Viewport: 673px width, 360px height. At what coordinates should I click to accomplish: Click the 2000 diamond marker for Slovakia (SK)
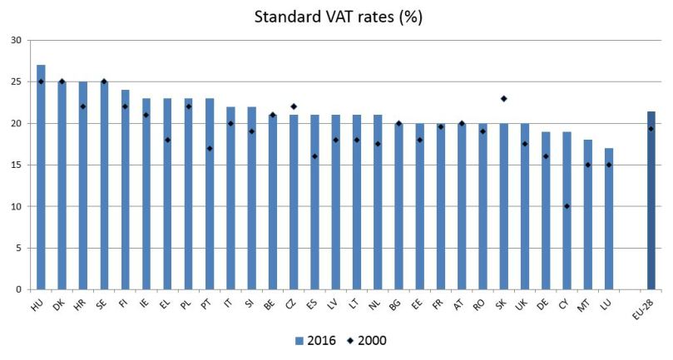[504, 98]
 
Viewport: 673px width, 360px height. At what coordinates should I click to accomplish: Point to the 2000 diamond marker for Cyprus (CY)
[567, 206]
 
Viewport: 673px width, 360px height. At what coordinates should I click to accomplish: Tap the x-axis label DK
[60, 305]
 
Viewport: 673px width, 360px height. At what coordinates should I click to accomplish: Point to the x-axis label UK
[523, 305]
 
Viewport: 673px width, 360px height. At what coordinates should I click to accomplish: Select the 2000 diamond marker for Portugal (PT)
[210, 148]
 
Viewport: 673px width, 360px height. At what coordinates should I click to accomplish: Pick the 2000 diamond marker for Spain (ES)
[314, 156]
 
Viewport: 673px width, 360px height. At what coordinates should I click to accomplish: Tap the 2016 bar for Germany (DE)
[546, 210]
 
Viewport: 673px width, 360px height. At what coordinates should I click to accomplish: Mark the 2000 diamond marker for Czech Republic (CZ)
[294, 106]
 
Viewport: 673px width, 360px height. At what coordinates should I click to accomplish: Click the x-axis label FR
[439, 305]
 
